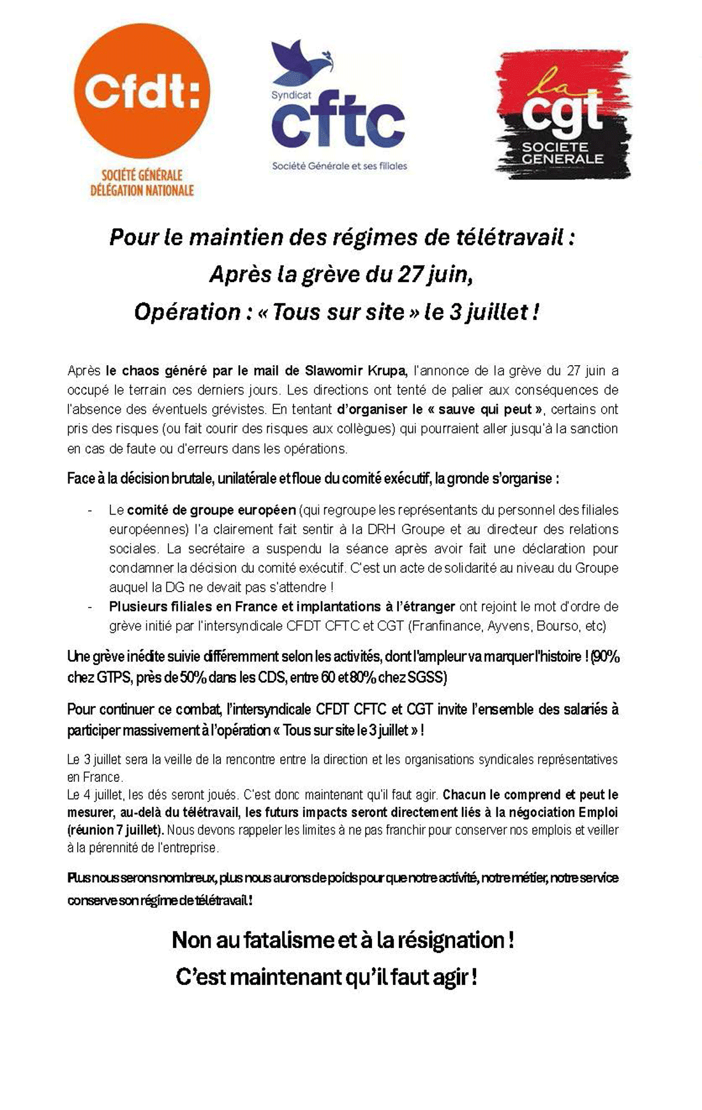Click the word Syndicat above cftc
[291, 95]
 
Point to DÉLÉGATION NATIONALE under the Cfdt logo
[142, 190]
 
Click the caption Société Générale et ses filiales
[339, 166]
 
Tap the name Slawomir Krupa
[355, 371]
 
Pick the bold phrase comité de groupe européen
[211, 510]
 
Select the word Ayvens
[508, 626]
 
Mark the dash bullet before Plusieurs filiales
[91, 606]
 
